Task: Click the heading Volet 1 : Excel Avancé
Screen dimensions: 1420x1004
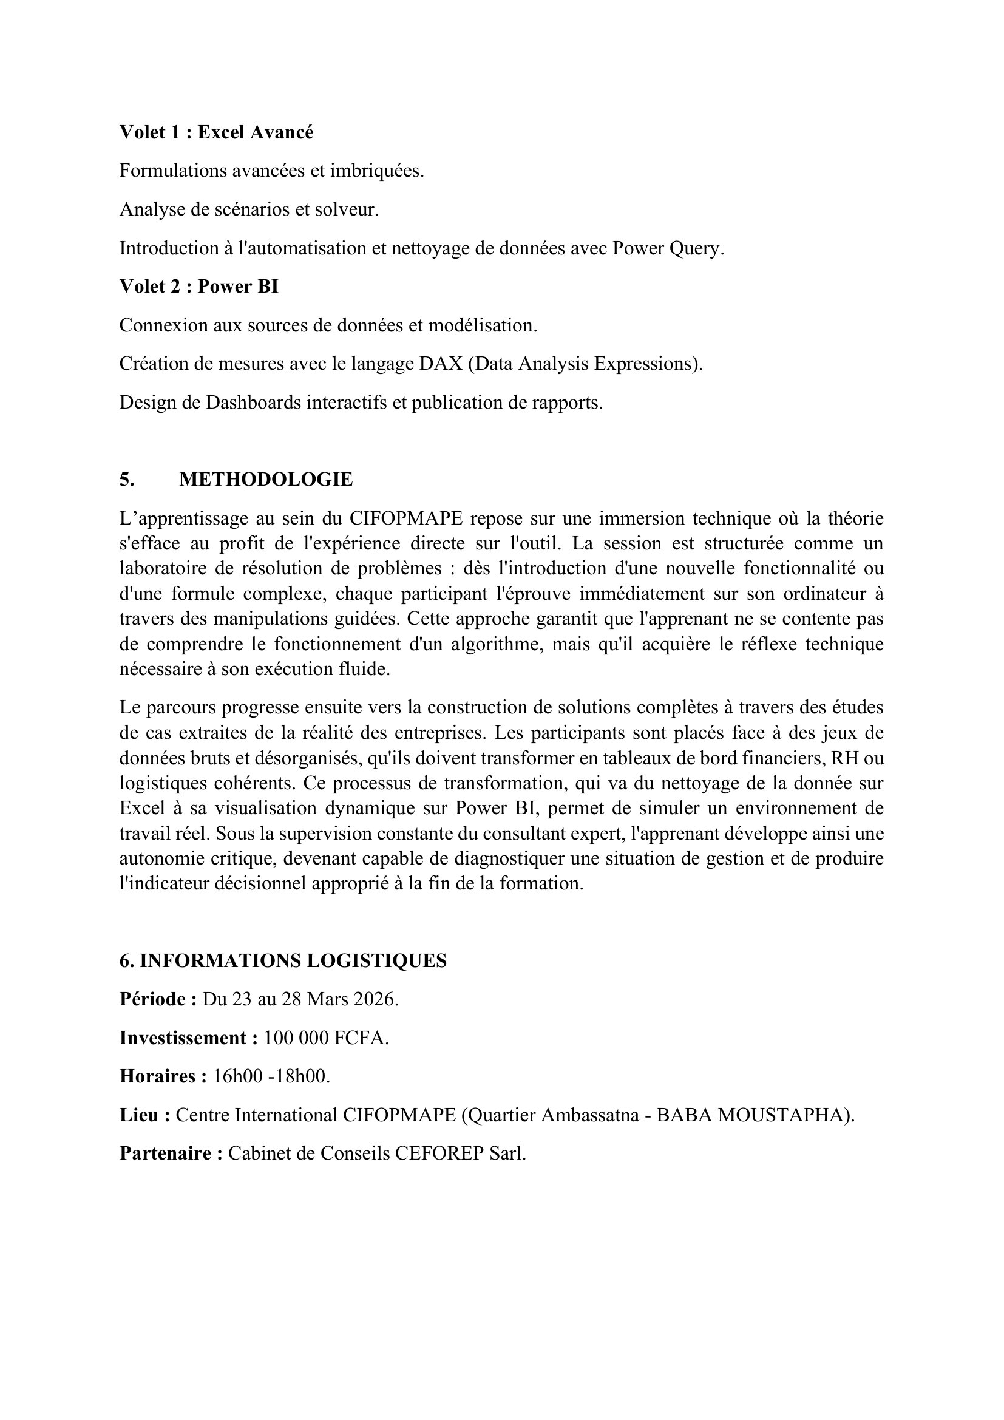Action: (216, 132)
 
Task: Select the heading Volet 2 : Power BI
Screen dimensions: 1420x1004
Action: (198, 287)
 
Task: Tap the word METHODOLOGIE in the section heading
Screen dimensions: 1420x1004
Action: (266, 480)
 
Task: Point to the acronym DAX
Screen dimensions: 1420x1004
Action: (441, 364)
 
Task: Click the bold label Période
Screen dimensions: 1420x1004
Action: (157, 999)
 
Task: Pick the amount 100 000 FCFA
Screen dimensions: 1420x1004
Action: (325, 1038)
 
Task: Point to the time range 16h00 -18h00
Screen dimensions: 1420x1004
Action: (271, 1076)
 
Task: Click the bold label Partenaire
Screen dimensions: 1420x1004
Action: (170, 1153)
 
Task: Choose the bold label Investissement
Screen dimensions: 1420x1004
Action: (188, 1038)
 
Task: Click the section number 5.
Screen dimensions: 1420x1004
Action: (126, 480)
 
